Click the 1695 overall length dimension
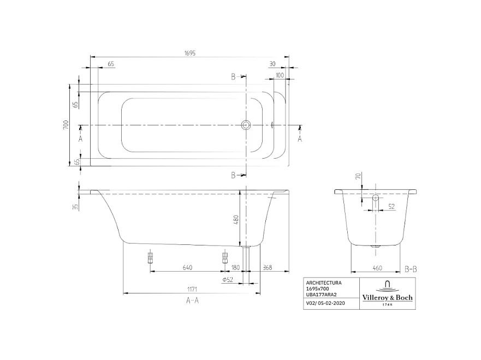[x=189, y=53]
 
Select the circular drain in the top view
[x=246, y=125]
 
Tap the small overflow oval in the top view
[x=272, y=125]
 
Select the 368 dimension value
[x=268, y=267]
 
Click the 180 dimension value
[x=235, y=267]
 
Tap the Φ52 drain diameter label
[x=228, y=280]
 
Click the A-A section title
[x=192, y=301]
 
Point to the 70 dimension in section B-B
[x=358, y=176]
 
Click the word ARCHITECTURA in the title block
[x=324, y=283]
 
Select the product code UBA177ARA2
[x=322, y=294]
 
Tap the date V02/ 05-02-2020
[x=325, y=303]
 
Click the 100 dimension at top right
[x=280, y=75]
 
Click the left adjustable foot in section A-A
[x=150, y=257]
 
